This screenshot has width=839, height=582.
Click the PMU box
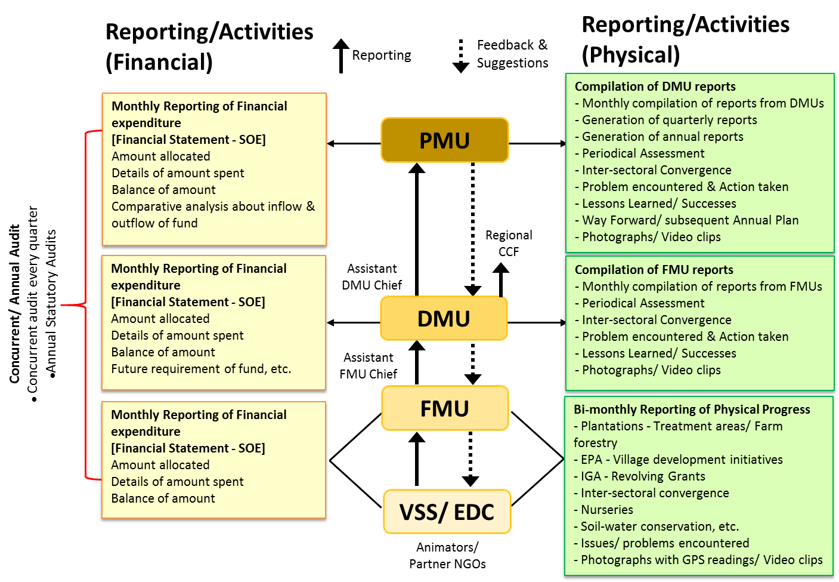[x=445, y=140]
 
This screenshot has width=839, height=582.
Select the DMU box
[x=444, y=319]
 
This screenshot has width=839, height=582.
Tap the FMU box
[x=445, y=408]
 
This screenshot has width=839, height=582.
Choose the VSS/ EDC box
[x=447, y=512]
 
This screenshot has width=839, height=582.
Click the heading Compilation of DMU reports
[x=655, y=87]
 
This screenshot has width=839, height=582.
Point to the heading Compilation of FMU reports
[x=654, y=270]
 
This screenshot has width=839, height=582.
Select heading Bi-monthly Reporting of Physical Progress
[x=692, y=409]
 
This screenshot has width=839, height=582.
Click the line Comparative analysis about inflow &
[x=213, y=207]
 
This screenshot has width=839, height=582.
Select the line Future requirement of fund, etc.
[x=201, y=369]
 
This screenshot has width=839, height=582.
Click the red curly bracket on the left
[x=85, y=305]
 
